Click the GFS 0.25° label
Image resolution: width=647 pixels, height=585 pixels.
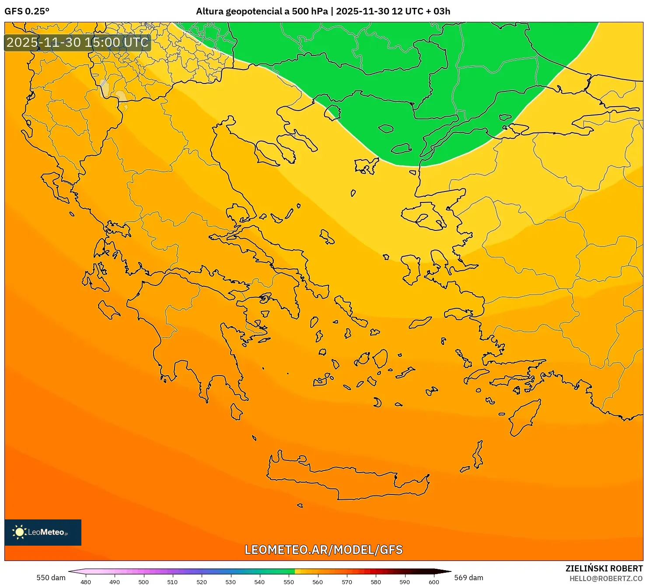27,11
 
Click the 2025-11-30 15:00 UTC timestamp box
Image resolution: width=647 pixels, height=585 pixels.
77,42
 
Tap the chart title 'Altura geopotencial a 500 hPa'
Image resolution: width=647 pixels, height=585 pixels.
262,11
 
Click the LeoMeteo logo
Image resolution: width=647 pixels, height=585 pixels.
42,532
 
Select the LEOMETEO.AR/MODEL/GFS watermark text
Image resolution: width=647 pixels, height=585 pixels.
323,550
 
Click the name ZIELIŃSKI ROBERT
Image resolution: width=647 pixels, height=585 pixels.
604,569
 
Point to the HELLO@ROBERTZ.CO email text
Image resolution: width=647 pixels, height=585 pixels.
606,578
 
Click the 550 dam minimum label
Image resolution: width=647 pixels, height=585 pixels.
51,578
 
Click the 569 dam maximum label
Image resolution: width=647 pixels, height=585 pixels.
469,578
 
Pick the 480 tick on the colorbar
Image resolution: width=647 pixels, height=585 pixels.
86,582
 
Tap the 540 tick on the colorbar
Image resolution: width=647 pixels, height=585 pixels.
259,582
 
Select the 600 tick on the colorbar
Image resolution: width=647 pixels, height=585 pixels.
434,582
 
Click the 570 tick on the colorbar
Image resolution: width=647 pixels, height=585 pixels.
346,582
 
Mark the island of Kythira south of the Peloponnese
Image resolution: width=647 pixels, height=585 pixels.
236,412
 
